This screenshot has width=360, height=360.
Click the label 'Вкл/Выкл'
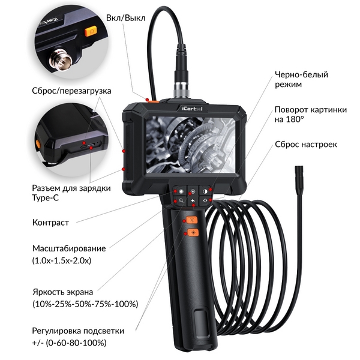tap(125, 18)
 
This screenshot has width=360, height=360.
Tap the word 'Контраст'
tap(50, 223)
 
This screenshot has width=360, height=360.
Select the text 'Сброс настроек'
tap(306, 145)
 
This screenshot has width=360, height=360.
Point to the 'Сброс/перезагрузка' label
tap(71, 91)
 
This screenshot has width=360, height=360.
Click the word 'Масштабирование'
tap(69, 248)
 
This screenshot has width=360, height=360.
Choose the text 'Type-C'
tap(45, 198)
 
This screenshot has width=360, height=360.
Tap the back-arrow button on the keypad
tap(193, 201)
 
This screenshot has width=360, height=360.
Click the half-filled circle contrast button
tap(205, 191)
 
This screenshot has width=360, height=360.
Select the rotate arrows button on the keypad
tap(205, 200)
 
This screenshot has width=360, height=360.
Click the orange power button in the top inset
tap(91, 31)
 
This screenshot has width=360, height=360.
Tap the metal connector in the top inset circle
tap(61, 59)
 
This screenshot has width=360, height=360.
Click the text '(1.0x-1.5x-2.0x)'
tap(62, 260)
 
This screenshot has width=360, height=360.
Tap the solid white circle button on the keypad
tap(181, 191)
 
